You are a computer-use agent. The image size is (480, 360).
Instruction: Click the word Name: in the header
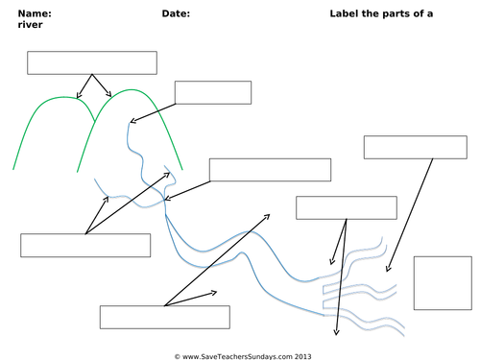35,13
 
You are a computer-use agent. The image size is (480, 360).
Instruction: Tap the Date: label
176,13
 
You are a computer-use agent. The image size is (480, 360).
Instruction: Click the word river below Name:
30,25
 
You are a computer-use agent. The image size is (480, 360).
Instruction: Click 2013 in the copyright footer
302,356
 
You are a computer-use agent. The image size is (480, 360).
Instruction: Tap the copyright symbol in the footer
178,356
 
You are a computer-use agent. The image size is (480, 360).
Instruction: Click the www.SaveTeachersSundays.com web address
237,356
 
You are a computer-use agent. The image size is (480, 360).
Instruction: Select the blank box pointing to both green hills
92,62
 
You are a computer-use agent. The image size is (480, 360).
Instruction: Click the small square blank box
443,283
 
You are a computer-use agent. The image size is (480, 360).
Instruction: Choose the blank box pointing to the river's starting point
213,92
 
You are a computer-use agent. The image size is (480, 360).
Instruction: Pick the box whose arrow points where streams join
270,170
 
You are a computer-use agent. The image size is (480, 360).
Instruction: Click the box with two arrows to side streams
85,245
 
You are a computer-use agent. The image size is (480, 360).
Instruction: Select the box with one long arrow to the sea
416,147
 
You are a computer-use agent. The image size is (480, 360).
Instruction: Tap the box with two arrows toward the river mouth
347,207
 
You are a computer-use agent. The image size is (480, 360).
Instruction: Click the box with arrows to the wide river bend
165,317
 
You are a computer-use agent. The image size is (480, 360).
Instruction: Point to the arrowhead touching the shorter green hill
78,96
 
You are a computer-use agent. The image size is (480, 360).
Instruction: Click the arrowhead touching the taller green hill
109,95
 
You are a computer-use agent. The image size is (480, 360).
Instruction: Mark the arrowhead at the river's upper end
132,121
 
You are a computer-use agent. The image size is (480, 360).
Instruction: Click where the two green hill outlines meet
95,121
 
